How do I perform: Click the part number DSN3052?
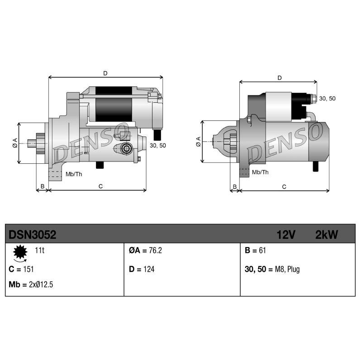coord(32,235)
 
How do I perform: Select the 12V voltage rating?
coord(286,235)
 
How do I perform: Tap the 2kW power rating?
coord(326,235)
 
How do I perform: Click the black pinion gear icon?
coord(20,252)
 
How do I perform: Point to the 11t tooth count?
coord(39,250)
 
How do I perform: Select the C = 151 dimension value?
coord(21,269)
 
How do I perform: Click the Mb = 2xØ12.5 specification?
coord(31,285)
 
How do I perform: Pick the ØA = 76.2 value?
coord(145,250)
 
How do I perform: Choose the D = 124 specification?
coord(142,269)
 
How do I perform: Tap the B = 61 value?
coord(255,250)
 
